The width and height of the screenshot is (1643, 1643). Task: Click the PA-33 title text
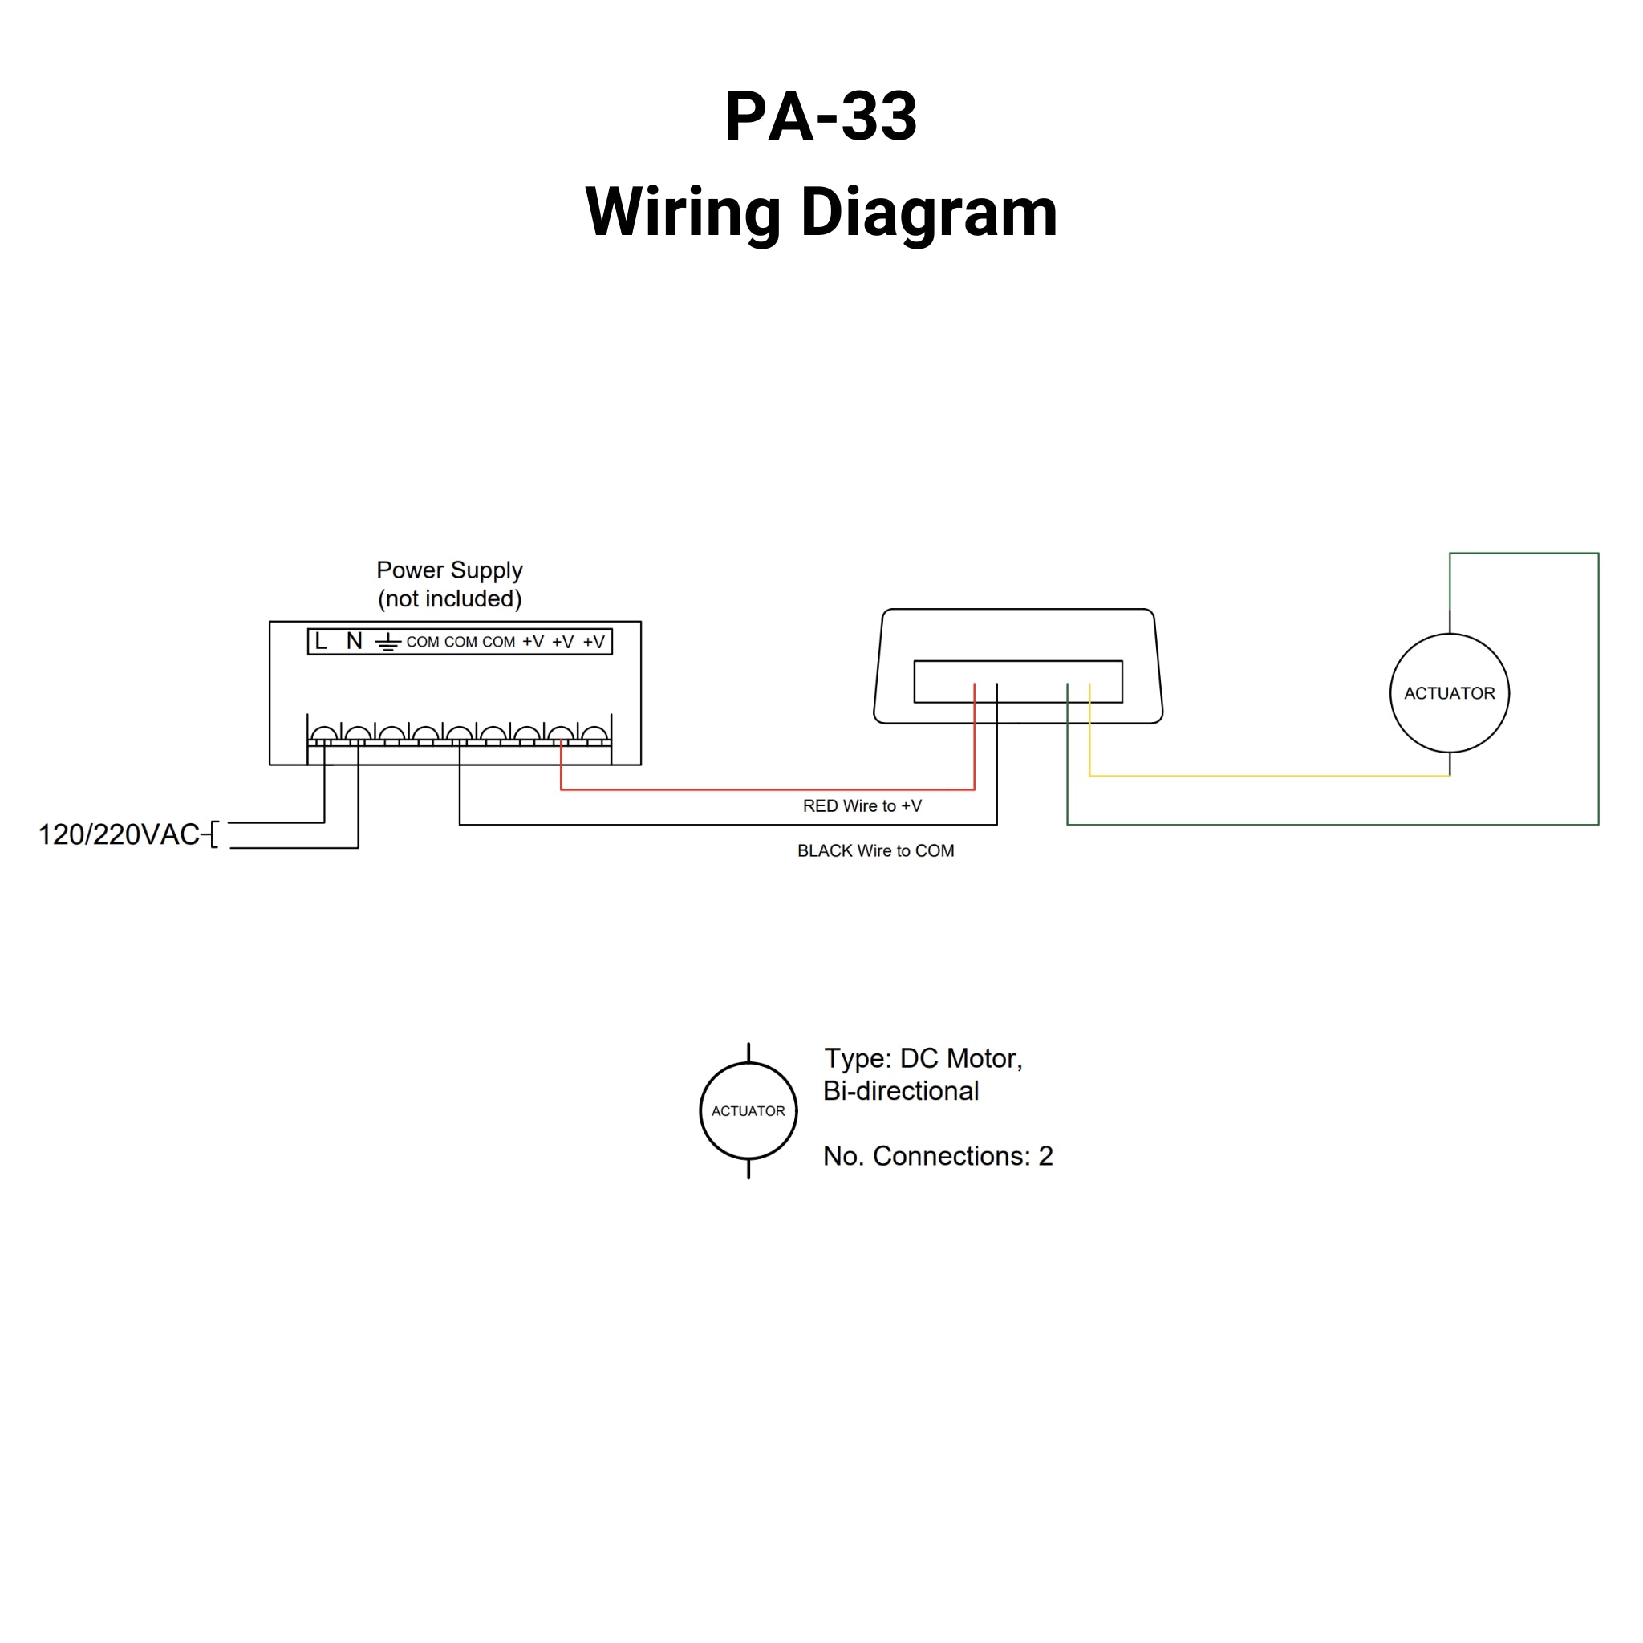(x=821, y=116)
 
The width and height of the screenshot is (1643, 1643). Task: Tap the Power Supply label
(x=449, y=570)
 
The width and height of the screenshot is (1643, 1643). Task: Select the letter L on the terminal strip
(x=321, y=641)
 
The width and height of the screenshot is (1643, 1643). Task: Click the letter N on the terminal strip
(x=355, y=641)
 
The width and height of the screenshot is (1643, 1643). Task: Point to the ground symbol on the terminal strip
(x=387, y=642)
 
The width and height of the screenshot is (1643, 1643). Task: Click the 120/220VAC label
(x=119, y=834)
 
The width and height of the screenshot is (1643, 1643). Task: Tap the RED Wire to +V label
(x=862, y=806)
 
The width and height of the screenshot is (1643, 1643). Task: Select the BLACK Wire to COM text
(x=875, y=850)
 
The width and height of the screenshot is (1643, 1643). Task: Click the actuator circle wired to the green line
(x=1449, y=693)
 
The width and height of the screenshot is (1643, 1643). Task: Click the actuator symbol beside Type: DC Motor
(x=748, y=1110)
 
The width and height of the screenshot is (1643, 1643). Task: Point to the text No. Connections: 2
(x=937, y=1156)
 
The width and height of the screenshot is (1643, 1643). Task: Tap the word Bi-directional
(x=901, y=1091)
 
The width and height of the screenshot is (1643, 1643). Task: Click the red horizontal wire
(x=765, y=790)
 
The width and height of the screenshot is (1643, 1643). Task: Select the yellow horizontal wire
(x=1267, y=776)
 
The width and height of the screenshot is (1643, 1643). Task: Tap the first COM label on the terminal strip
(x=423, y=642)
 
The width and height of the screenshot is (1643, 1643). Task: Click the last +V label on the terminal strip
(x=594, y=642)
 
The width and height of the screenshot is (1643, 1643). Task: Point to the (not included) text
(x=449, y=598)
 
